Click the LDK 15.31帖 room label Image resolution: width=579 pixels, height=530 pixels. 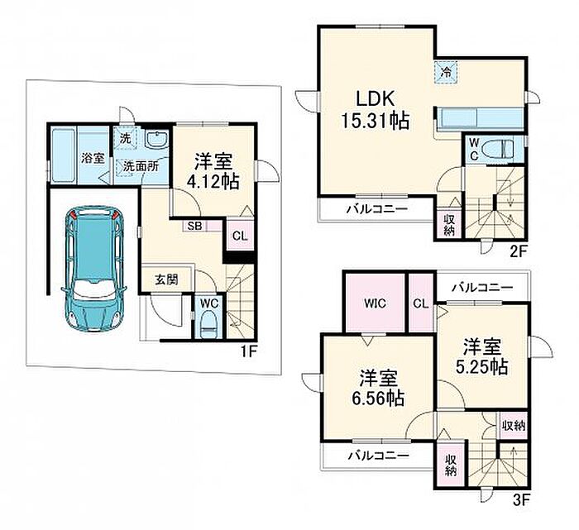coord(375,110)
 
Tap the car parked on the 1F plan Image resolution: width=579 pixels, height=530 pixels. coord(93,269)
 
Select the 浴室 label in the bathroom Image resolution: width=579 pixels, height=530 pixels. coord(93,158)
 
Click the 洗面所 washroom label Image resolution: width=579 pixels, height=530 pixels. coord(141,166)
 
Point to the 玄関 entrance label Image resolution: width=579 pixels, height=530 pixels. coord(166,279)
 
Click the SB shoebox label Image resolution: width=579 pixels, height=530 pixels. coord(194,226)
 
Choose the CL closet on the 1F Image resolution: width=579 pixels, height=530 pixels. coord(240,236)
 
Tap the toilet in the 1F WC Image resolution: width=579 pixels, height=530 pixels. coord(209,323)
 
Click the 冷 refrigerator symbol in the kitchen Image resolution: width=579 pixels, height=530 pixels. coord(447,72)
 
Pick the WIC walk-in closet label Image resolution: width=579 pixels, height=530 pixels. coord(375,303)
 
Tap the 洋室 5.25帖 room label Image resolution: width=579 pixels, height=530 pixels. coord(482,356)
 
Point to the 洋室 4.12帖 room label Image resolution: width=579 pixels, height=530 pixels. coord(213,172)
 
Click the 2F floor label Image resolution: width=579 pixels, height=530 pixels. coord(517,251)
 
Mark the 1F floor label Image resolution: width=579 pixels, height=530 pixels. coord(248,351)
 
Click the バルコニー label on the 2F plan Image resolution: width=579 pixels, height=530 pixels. coord(377,209)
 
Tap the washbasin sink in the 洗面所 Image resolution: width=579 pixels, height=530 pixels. coord(157,139)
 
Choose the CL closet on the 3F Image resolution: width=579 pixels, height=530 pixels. coord(421,303)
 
